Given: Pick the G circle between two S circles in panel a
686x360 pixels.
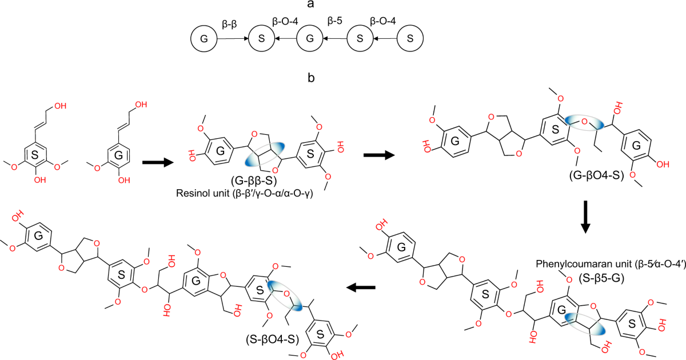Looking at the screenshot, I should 310,39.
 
